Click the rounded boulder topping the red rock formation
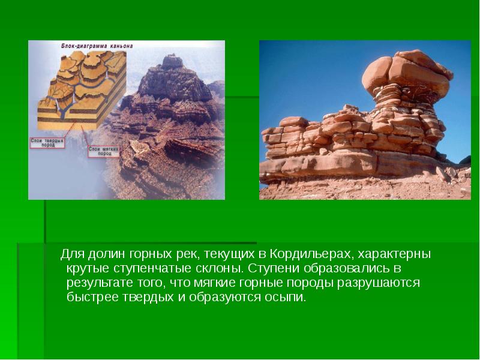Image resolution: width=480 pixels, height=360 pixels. coord(408,70)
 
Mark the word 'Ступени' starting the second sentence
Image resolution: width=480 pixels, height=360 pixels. coord(271,268)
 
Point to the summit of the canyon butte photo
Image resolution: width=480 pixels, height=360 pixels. coord(173,58)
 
